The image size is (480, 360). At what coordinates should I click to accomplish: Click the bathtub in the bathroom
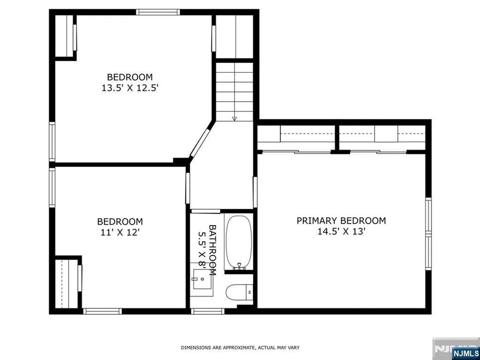pos(239,242)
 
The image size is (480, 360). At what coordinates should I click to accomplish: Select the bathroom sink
pos(202,279)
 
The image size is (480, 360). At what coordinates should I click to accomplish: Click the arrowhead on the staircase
pos(234,119)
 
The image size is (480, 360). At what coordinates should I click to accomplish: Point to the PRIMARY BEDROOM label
pos(341,220)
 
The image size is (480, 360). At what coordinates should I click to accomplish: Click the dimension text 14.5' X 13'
pos(341,232)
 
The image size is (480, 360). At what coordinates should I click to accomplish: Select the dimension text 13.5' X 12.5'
pos(130,88)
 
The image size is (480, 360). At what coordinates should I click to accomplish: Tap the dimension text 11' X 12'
pos(120,232)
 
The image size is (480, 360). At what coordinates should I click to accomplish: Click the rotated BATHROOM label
pos(212,250)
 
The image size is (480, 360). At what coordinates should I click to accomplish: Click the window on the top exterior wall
pos(158,12)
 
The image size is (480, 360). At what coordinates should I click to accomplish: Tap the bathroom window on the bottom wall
pos(208,311)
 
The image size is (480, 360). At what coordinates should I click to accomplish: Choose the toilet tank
pos(250,292)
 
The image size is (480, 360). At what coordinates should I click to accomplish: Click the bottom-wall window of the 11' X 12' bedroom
pos(103,311)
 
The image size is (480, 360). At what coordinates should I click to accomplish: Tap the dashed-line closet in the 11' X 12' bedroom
pos(66,284)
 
